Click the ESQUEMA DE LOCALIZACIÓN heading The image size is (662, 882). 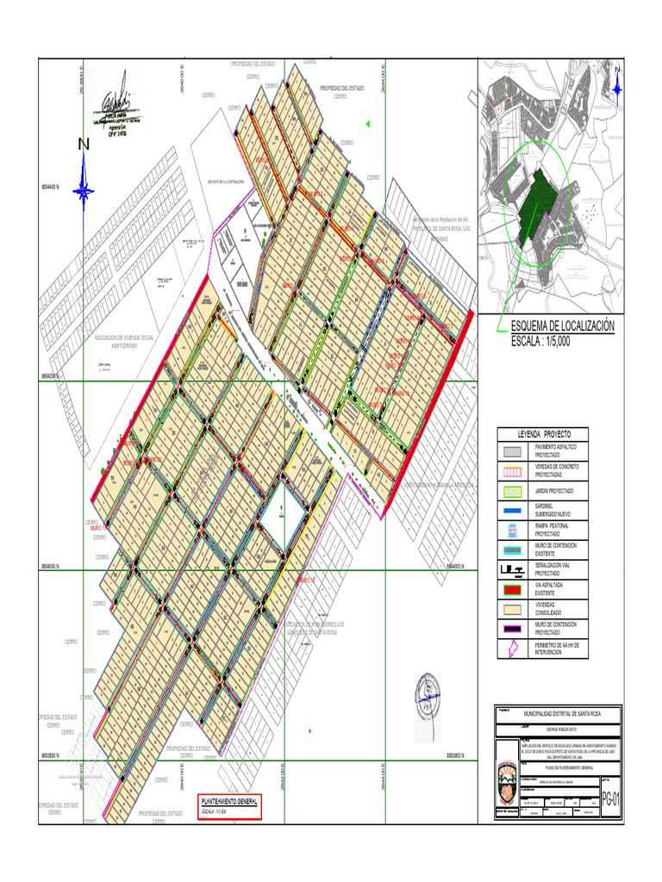[562, 326]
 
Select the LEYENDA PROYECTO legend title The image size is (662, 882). [550, 433]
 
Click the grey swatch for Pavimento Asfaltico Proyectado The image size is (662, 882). [513, 450]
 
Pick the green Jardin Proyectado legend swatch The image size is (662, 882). [513, 490]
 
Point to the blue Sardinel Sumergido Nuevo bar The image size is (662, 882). [513, 510]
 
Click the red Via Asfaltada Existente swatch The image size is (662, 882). [513, 589]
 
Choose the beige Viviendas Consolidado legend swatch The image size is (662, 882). [513, 609]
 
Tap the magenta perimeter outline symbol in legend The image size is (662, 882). [513, 648]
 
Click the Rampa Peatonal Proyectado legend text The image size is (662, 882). [552, 529]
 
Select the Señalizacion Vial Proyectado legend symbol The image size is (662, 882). [513, 569]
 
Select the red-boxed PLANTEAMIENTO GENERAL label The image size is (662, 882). [228, 803]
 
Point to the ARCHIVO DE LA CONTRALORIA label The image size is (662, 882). [228, 182]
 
